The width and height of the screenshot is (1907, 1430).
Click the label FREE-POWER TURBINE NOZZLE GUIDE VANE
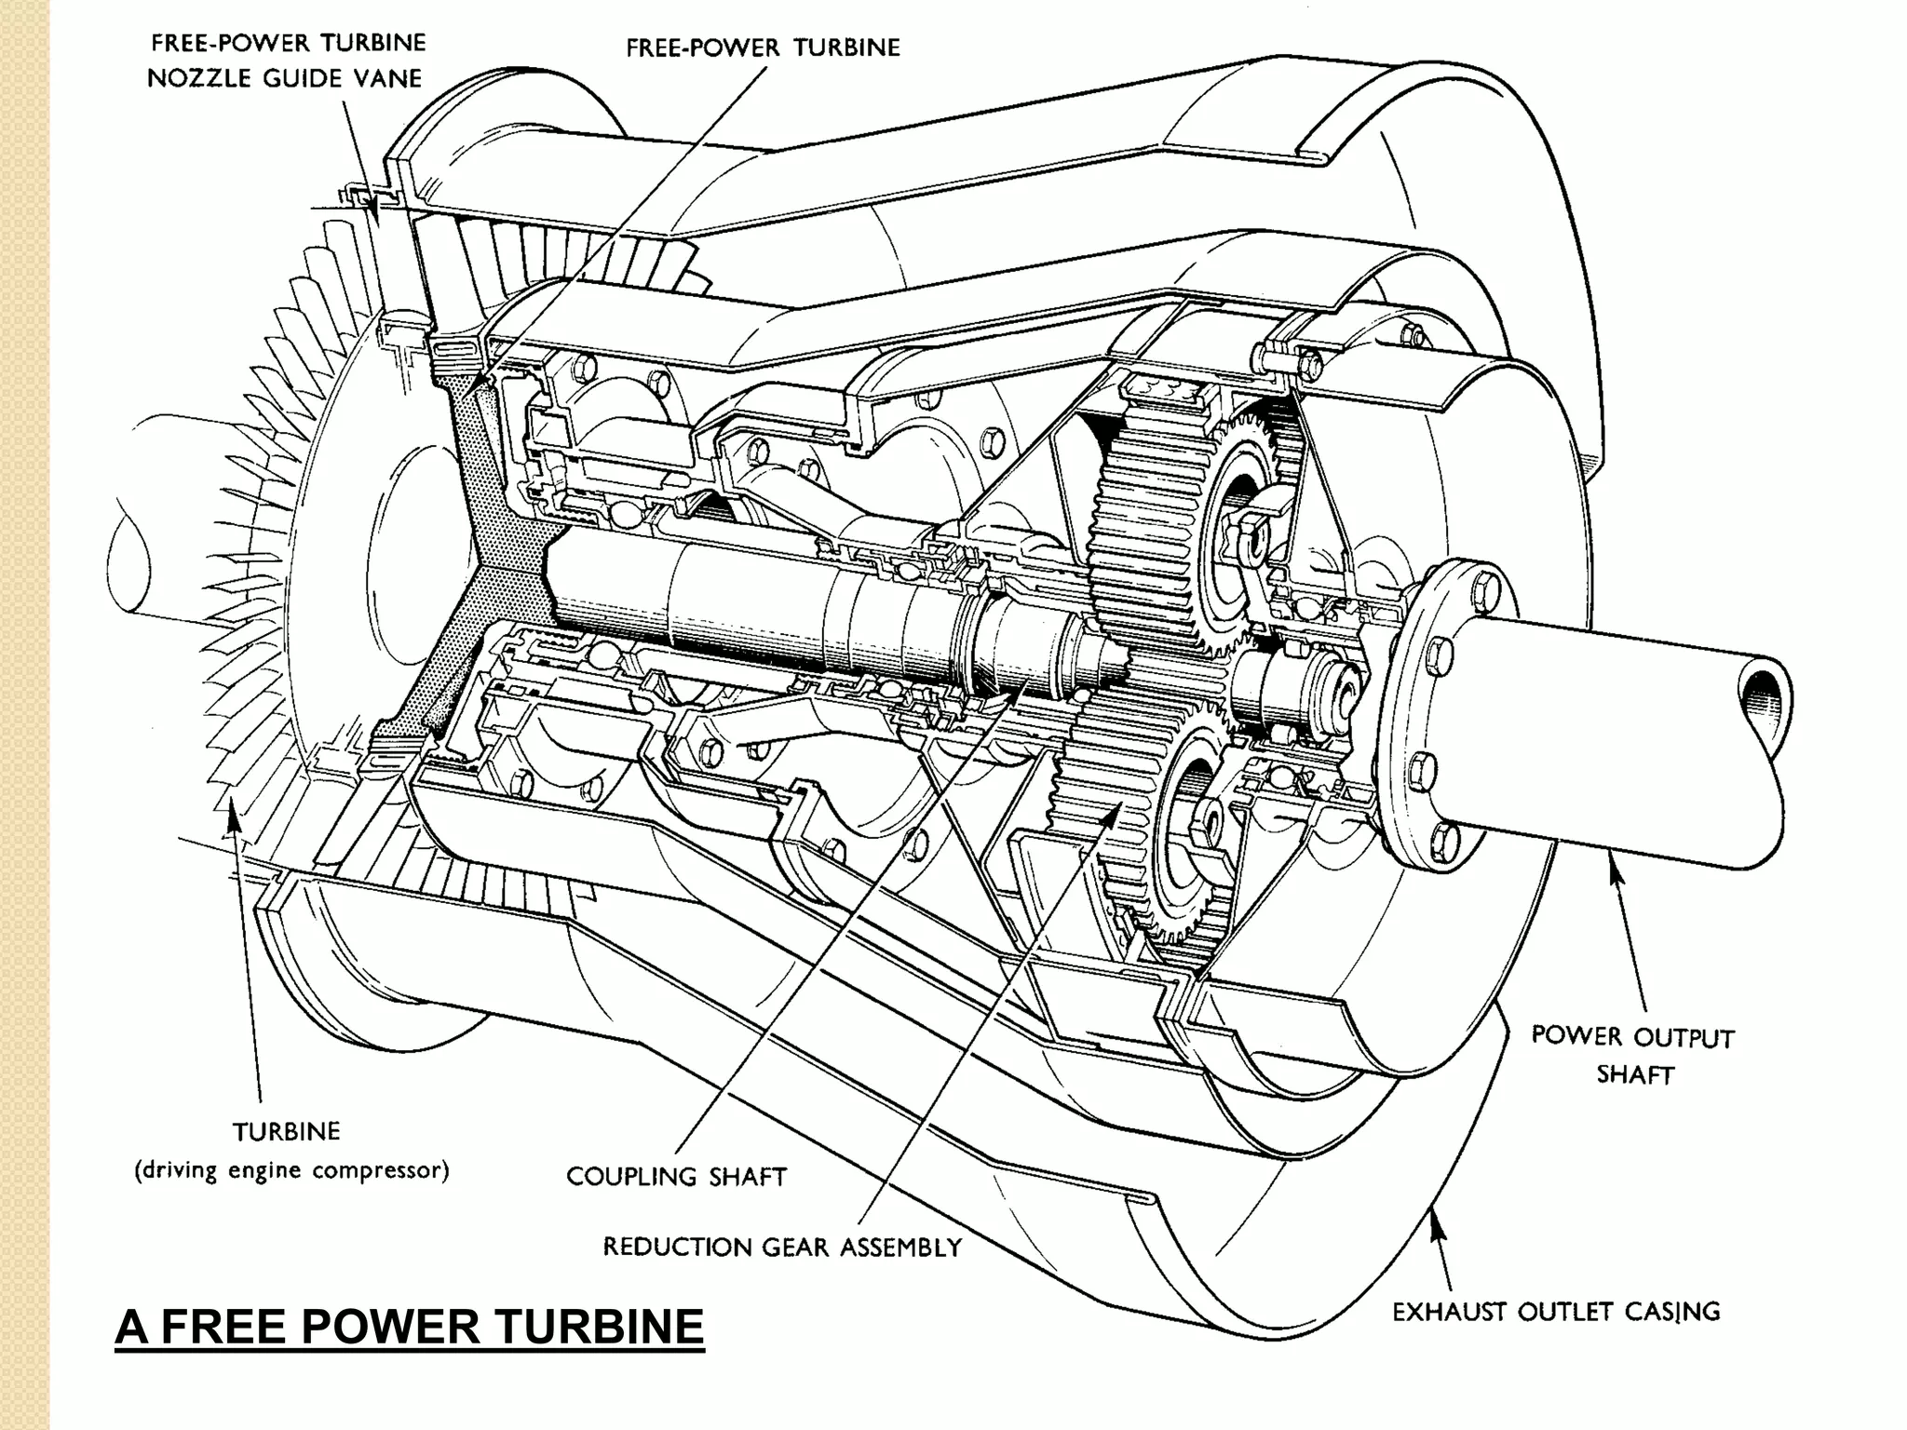(287, 61)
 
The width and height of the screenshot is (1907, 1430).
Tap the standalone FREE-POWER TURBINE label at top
(763, 47)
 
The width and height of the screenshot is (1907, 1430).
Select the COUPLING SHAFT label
(676, 1177)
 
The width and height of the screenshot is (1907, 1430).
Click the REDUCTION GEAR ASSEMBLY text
(782, 1248)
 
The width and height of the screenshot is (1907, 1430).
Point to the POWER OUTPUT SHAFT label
(1632, 1055)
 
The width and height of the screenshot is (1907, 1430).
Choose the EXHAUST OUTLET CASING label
(1556, 1312)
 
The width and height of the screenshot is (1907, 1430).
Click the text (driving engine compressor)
(291, 1170)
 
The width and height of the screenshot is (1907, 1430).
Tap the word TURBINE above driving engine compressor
(286, 1131)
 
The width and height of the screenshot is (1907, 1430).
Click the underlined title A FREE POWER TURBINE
(410, 1326)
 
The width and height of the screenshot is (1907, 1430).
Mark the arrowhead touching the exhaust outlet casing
(1437, 1232)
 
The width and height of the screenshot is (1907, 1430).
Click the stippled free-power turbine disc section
(484, 521)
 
